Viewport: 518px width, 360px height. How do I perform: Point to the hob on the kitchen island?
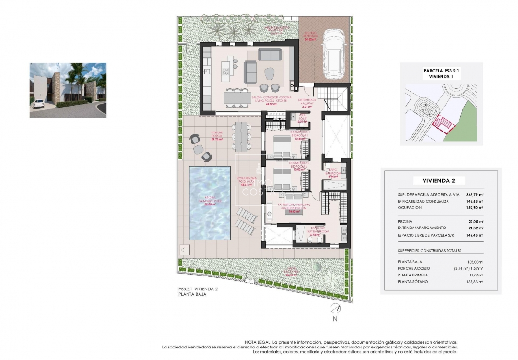225,72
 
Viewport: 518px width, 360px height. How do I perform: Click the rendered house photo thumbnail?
68,90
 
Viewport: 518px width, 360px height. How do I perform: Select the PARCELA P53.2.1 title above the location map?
442,70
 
